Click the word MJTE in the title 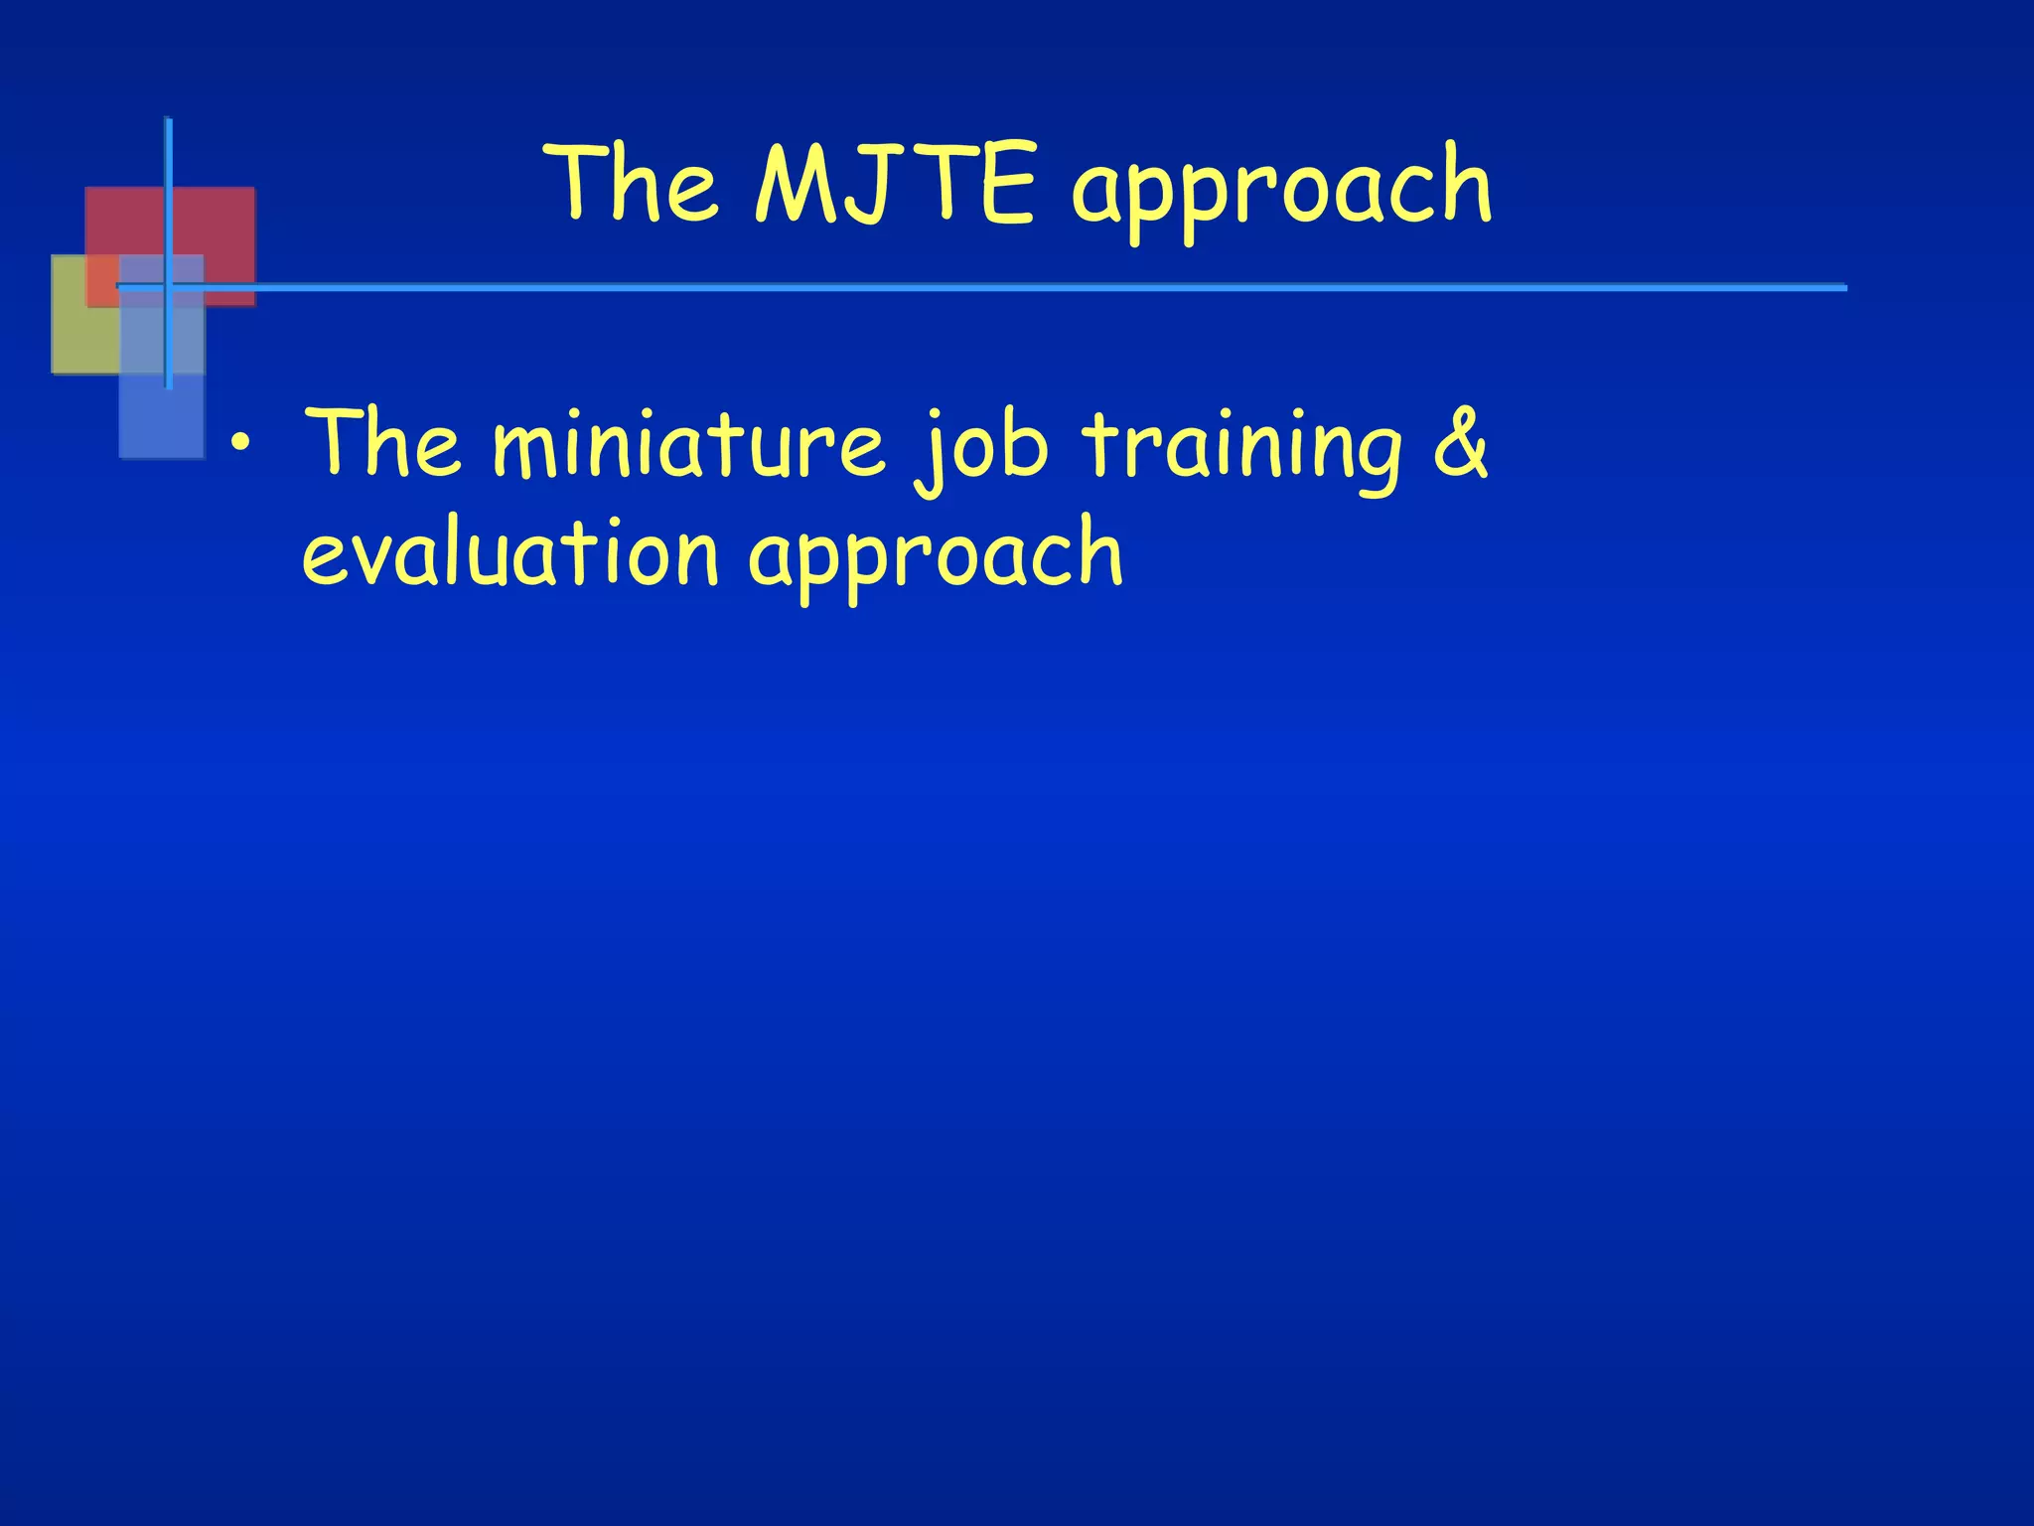tap(896, 184)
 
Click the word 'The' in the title tap(636, 184)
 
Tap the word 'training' tap(1241, 447)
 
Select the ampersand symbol tap(1460, 442)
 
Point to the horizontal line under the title tap(993, 288)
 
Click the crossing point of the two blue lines tap(169, 286)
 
